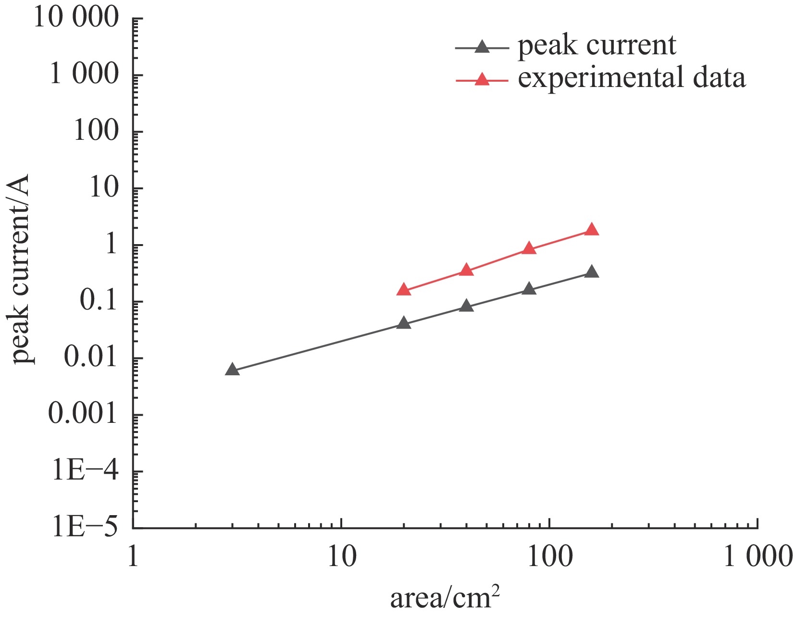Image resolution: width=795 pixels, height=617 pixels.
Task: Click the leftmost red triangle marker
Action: coord(404,290)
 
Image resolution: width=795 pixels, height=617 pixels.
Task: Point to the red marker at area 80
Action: coord(529,248)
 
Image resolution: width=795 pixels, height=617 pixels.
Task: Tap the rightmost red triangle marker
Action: coord(592,230)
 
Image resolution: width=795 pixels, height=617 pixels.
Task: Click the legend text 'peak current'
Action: coord(596,46)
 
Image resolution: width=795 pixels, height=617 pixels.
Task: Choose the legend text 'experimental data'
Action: coord(632,78)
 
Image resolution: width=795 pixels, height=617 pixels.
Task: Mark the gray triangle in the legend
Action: coord(482,48)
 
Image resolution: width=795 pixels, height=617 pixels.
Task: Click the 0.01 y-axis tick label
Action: coord(90,358)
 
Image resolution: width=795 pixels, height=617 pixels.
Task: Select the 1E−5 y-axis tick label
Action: coord(85,528)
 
